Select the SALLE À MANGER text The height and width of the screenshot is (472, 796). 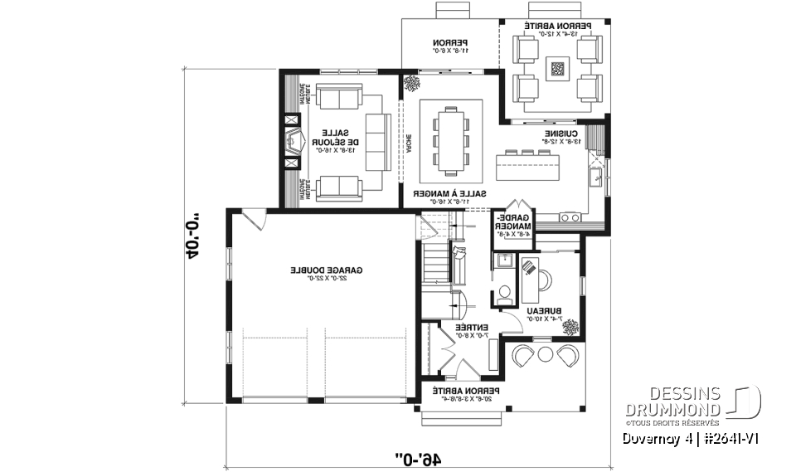(x=450, y=196)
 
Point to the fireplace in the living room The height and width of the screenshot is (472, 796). (x=294, y=142)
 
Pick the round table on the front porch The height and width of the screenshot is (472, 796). (x=545, y=354)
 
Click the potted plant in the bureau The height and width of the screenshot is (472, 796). (x=571, y=327)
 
